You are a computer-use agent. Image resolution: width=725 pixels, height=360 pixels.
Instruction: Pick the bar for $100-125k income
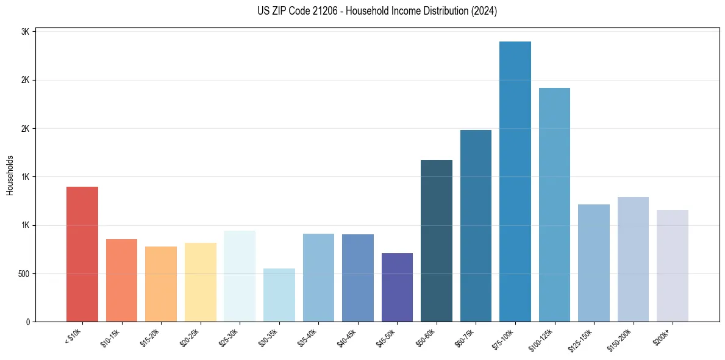[554, 204]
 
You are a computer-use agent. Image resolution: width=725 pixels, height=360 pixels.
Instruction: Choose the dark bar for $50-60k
[437, 240]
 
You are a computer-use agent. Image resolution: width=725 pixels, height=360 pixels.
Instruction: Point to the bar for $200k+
[673, 265]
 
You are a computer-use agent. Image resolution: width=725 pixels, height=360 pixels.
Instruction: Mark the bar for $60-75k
[476, 226]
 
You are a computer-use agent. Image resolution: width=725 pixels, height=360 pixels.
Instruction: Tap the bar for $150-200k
[633, 259]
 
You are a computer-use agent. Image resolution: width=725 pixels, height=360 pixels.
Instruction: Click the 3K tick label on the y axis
[26, 32]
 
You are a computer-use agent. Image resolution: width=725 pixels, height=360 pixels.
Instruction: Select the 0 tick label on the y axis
[27, 322]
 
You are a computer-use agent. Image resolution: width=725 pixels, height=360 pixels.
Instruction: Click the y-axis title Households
[10, 175]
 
